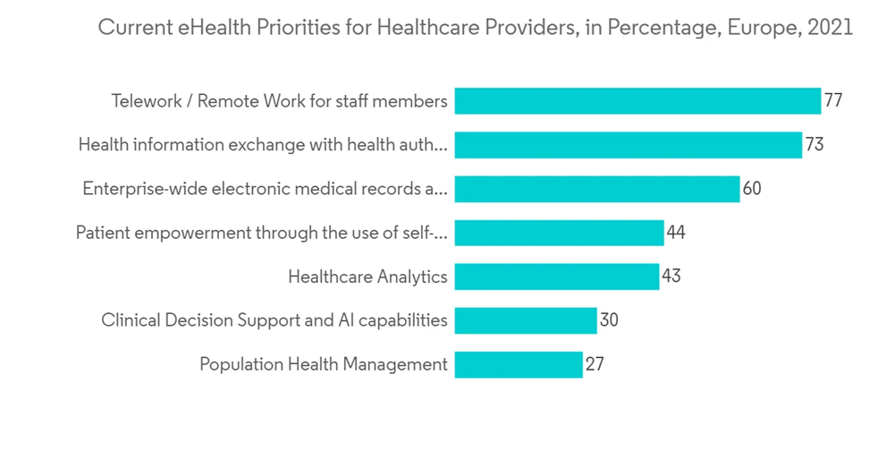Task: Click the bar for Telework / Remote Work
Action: (x=637, y=101)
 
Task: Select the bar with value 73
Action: (x=628, y=145)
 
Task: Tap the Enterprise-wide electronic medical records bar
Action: (x=596, y=189)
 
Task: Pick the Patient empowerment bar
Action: (x=559, y=233)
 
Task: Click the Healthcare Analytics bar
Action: (x=556, y=277)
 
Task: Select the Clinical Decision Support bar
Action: (x=525, y=320)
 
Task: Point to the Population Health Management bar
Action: (x=518, y=364)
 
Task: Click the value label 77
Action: (x=833, y=101)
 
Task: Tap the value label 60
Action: (x=752, y=189)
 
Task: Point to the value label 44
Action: (x=676, y=233)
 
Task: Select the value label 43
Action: (x=671, y=277)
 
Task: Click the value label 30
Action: (x=609, y=320)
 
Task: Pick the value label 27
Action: (x=595, y=364)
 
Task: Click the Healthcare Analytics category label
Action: (x=367, y=277)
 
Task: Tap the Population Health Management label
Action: (x=323, y=364)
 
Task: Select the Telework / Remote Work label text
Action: (x=279, y=101)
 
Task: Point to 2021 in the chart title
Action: (x=831, y=28)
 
